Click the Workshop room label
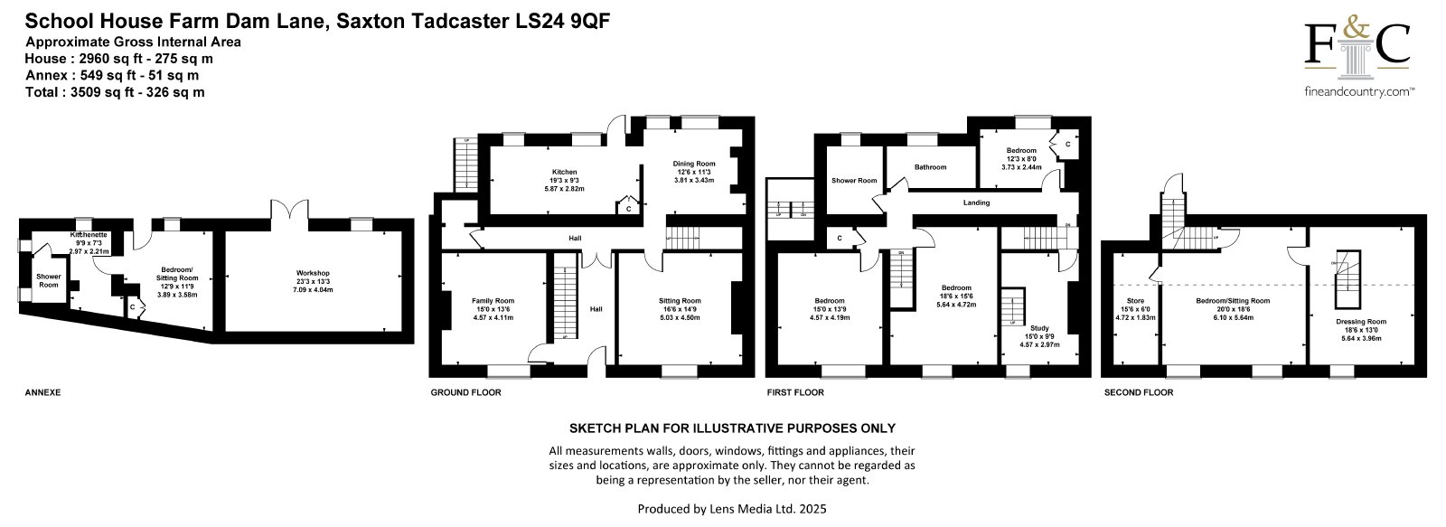click(x=313, y=273)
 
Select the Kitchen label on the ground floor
click(x=564, y=172)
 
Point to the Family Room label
click(x=493, y=300)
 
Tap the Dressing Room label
click(x=1360, y=321)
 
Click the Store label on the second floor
click(x=1135, y=301)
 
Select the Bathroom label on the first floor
click(x=930, y=167)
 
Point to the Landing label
click(x=976, y=202)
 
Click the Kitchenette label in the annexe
click(x=89, y=235)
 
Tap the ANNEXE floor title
click(x=42, y=392)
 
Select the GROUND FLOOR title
click(x=465, y=392)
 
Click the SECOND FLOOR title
click(x=1139, y=392)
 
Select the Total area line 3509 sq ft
click(x=115, y=91)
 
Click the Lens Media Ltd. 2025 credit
click(x=732, y=509)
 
